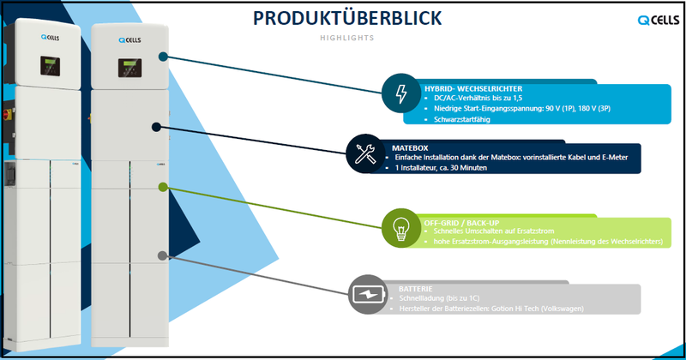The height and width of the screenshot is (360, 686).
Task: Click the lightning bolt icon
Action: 400,95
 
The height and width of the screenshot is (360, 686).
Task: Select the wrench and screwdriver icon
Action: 360,154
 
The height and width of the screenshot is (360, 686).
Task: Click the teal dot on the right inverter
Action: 163,57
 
